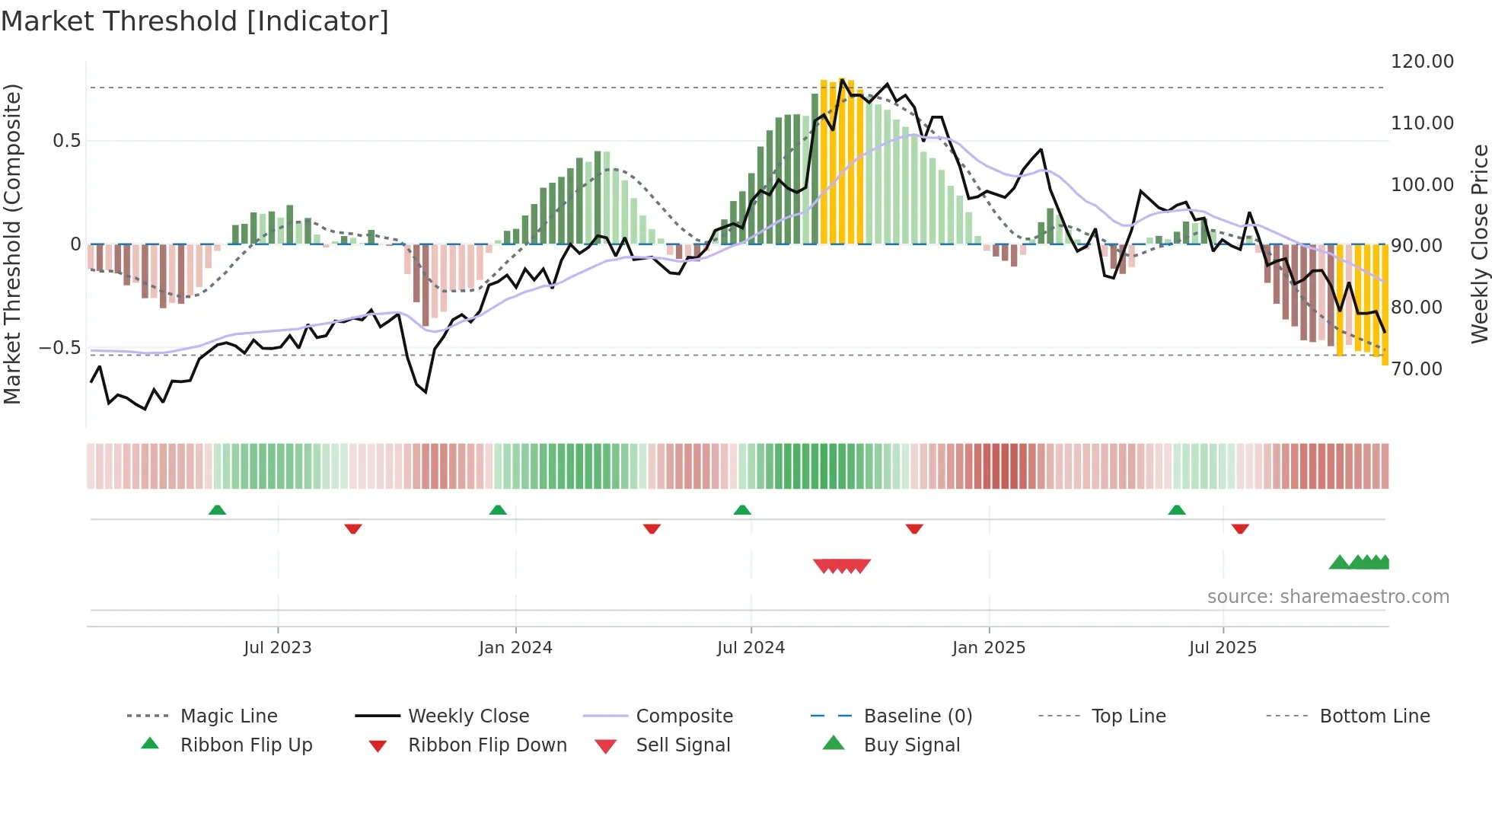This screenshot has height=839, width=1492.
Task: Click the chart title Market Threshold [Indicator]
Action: click(x=195, y=21)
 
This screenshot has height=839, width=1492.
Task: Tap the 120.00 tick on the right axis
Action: click(x=1421, y=62)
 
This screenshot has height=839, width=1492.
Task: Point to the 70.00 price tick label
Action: click(x=1416, y=369)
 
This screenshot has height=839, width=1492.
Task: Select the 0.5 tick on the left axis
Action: click(x=66, y=141)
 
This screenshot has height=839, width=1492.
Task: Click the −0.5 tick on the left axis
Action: click(x=59, y=348)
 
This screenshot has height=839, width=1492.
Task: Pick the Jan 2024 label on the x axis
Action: click(x=515, y=648)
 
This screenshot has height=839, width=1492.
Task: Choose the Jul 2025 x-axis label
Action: click(x=1223, y=648)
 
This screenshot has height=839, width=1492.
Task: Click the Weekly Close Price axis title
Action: click(x=1479, y=244)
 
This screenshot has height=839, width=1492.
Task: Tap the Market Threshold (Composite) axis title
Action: click(x=12, y=244)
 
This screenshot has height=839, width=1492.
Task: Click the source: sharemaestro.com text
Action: click(x=1328, y=597)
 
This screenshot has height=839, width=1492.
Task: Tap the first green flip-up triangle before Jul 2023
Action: click(x=217, y=510)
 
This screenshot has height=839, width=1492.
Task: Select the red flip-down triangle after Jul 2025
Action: click(x=1240, y=528)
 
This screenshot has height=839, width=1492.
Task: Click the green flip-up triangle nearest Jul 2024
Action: click(x=742, y=510)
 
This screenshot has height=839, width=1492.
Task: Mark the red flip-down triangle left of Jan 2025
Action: click(x=914, y=528)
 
